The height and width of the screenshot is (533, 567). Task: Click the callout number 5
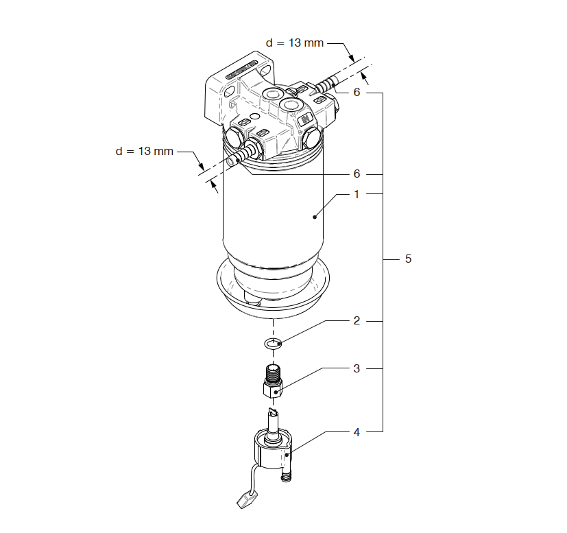click(408, 259)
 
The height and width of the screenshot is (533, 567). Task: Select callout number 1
click(357, 194)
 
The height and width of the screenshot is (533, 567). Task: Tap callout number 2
click(357, 320)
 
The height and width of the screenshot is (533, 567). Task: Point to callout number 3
click(357, 368)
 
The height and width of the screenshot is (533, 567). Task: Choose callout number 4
click(357, 432)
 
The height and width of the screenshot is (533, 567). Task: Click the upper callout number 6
click(357, 93)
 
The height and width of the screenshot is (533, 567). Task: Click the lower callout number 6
click(357, 174)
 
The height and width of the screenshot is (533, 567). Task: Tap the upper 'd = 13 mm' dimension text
click(295, 43)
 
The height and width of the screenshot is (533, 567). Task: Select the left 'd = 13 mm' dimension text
click(144, 151)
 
